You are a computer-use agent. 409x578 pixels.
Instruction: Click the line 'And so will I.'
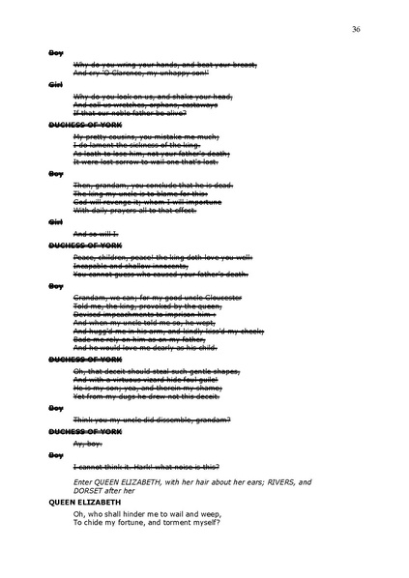[95, 235]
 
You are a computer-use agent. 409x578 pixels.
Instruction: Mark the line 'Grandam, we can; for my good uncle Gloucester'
[159, 296]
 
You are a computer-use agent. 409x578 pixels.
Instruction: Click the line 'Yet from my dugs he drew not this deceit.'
[146, 395]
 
